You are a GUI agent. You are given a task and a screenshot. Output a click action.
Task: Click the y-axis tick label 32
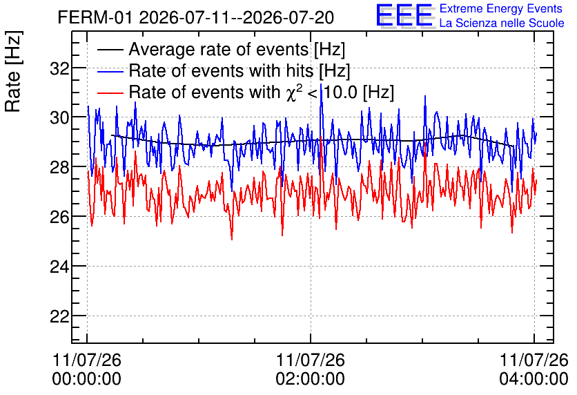60,68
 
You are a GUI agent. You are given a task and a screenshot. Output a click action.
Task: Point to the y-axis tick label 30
60,118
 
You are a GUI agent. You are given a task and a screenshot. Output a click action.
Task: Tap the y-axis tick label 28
60,167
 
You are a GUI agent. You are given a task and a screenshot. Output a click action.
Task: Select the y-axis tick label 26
60,217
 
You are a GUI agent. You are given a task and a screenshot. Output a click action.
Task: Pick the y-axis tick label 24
60,267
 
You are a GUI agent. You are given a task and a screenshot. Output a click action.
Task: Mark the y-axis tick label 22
60,316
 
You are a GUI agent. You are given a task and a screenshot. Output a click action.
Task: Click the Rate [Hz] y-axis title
13,71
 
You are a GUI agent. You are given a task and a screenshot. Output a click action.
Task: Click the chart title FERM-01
95,17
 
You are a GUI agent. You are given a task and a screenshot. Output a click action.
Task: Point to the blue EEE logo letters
404,15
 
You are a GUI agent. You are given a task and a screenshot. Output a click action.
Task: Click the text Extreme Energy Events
501,8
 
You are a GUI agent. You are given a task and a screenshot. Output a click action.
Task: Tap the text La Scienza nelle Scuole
502,23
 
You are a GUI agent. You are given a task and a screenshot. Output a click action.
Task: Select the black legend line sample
110,50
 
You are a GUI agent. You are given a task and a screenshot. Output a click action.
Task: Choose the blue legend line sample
110,71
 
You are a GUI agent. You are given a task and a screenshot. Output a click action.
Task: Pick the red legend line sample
110,93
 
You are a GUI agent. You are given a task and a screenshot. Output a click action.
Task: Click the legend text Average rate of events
219,49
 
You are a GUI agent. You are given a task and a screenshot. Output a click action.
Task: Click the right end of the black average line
513,146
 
